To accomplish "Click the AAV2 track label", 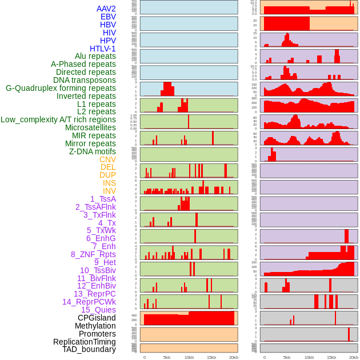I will click(106, 9).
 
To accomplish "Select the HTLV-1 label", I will click(102, 49).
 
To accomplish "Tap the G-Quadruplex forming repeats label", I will click(61, 88).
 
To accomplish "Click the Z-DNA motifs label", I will click(92, 151).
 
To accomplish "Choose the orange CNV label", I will click(107, 159).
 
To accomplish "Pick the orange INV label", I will click(109, 191).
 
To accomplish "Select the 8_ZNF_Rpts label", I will click(93, 254).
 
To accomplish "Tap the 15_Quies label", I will click(98, 310).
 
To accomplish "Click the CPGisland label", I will click(97, 318).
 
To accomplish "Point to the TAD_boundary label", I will click(89, 349).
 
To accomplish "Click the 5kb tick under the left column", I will click(167, 357).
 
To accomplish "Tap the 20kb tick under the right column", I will click(354, 357).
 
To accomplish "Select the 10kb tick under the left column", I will click(189, 357).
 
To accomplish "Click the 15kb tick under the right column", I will click(331, 357).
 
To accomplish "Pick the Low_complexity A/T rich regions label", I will click(58, 119).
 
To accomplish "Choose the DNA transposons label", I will click(85, 80).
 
